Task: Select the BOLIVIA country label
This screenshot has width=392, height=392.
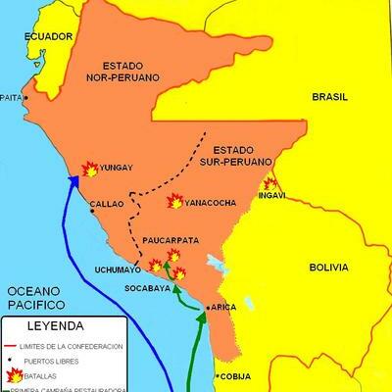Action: [x=329, y=266]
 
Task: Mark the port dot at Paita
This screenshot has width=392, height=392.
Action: [x=26, y=98]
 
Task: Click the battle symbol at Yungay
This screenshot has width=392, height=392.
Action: [x=89, y=169]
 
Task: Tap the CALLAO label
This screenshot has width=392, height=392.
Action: [x=107, y=205]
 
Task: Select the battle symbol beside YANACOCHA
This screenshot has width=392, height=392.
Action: [x=174, y=201]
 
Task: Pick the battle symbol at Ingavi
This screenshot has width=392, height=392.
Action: [x=269, y=183]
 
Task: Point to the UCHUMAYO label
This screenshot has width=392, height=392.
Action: [x=118, y=269]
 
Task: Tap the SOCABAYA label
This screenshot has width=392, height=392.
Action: [x=146, y=289]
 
